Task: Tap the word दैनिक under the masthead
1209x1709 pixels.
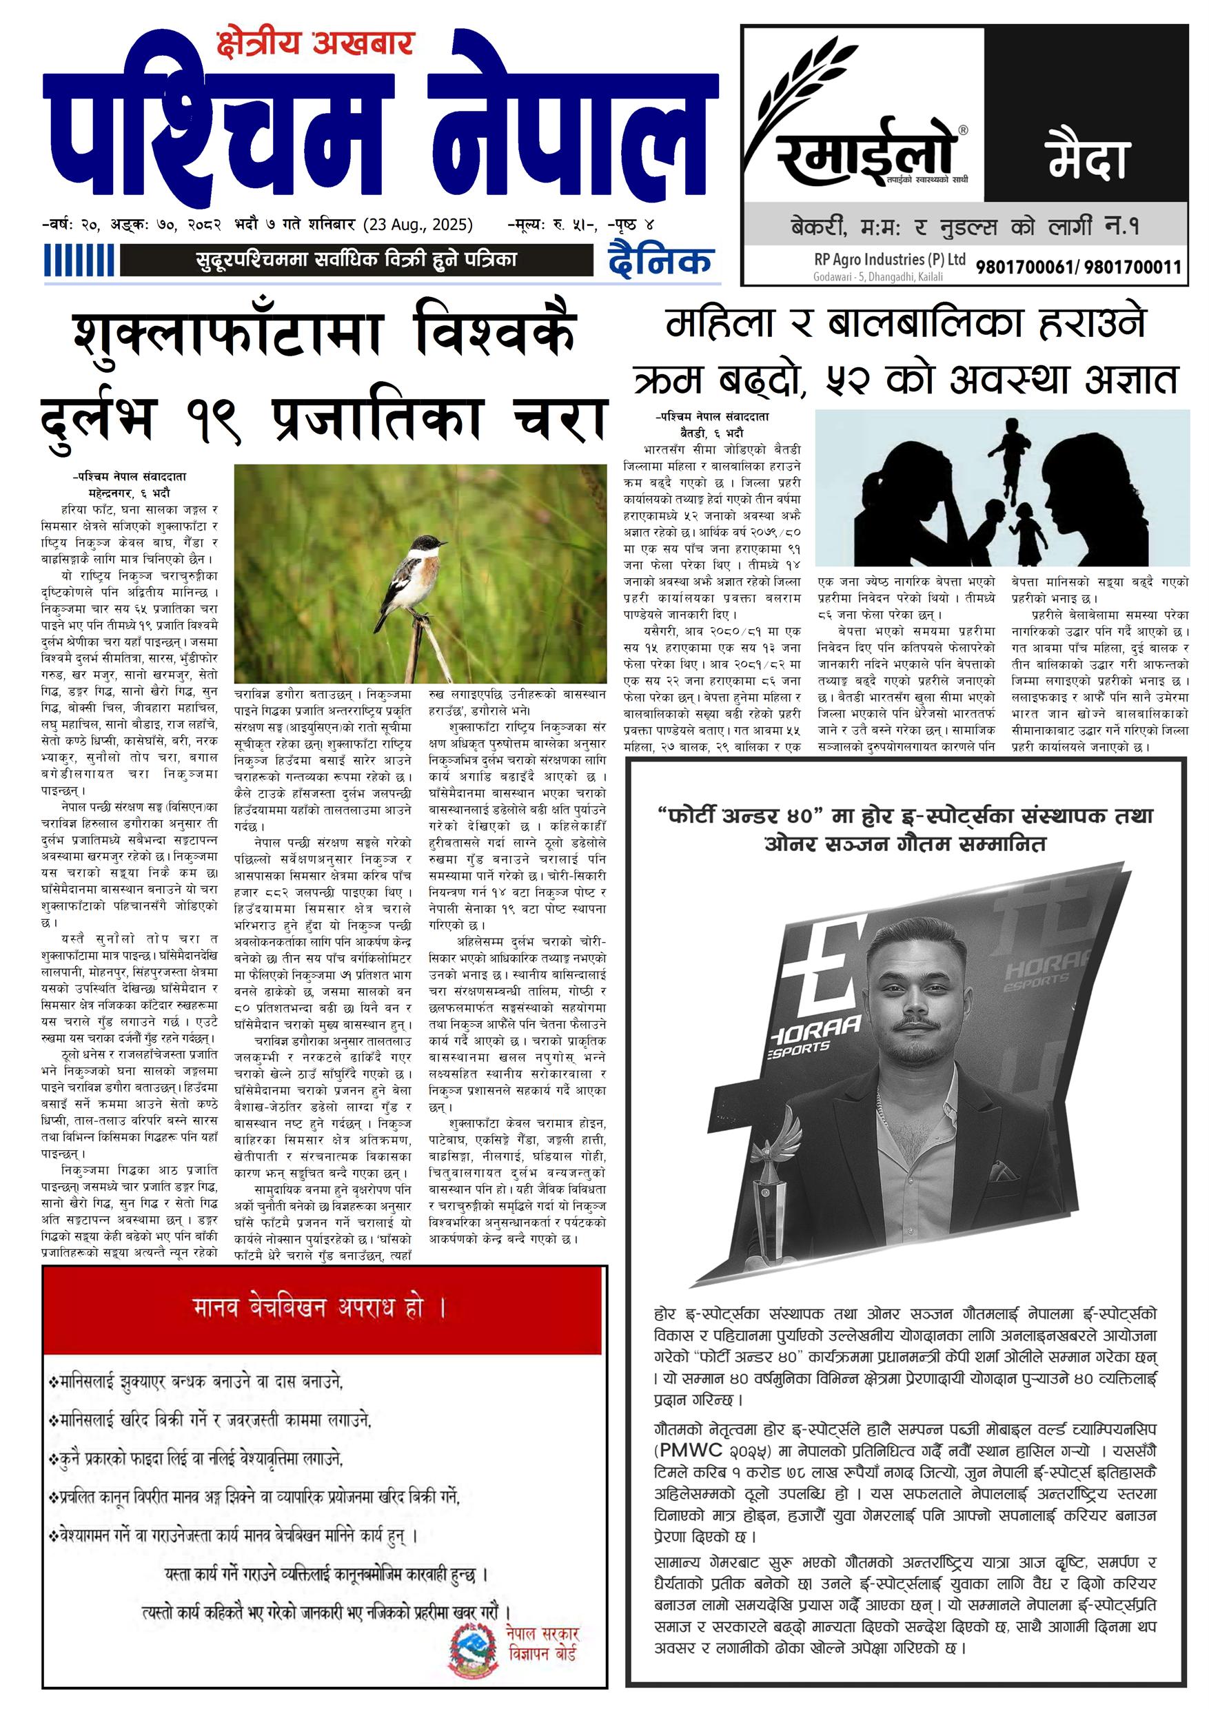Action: point(660,260)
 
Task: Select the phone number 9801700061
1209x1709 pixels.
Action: point(1025,267)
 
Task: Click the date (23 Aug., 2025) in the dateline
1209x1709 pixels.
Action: point(418,224)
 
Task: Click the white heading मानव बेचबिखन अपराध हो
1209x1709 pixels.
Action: point(319,1309)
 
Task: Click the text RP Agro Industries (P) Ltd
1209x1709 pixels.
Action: point(890,260)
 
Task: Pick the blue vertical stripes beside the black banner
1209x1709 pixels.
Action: point(79,261)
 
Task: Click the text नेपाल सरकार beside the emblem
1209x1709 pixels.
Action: point(542,1635)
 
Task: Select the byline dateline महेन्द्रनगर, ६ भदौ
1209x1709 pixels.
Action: point(129,493)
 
